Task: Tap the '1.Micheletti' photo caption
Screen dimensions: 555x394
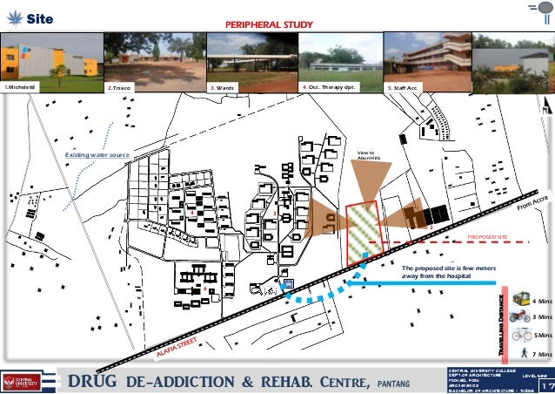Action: [22, 88]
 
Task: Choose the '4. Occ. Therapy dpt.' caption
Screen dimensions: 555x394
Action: [328, 87]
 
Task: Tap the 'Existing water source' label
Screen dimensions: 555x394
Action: [97, 155]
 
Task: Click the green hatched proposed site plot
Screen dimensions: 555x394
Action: [364, 232]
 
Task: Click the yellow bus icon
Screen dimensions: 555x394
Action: [522, 298]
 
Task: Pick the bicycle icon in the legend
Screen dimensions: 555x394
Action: [522, 335]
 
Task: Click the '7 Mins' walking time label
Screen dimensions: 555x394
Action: [542, 355]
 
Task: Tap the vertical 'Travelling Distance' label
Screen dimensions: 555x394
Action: [503, 323]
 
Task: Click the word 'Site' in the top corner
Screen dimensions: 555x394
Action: [39, 17]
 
